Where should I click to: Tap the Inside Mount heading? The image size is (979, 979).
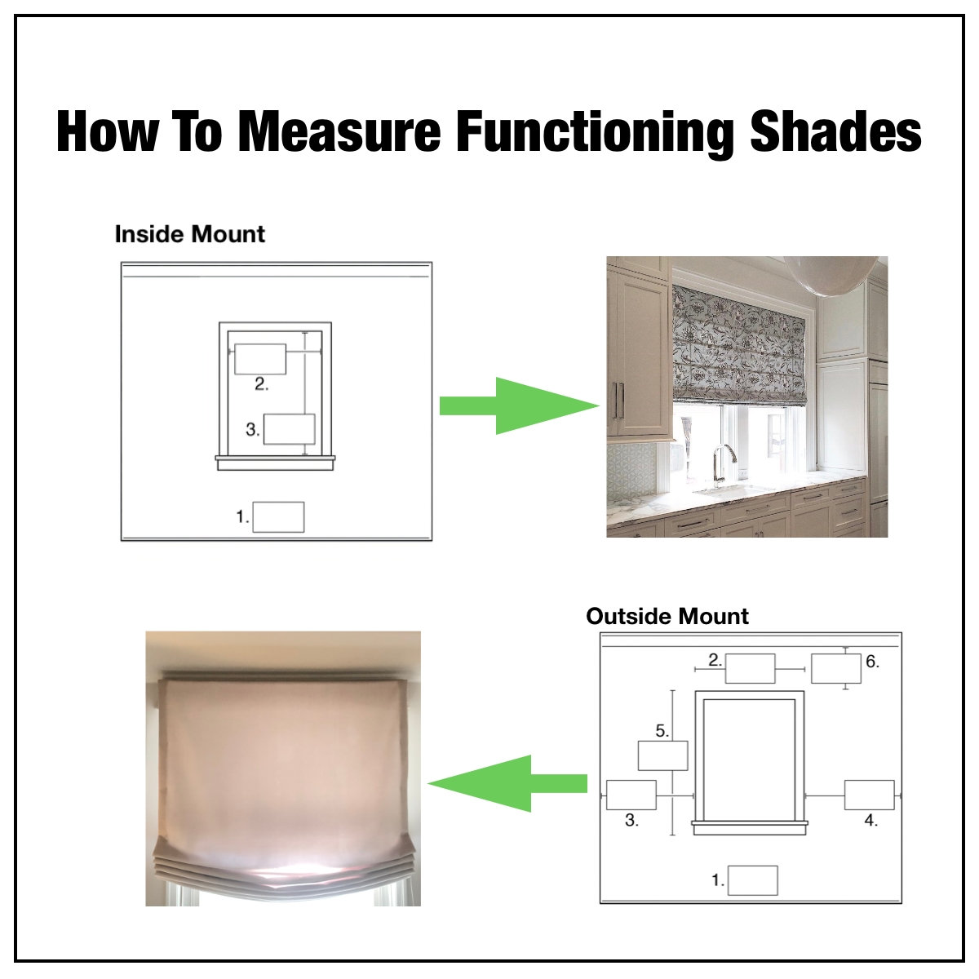tap(189, 234)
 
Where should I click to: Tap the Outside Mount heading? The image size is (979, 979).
tap(667, 616)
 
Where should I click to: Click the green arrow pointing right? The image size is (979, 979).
tap(519, 405)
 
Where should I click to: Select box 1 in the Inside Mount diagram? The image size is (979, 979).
tap(278, 517)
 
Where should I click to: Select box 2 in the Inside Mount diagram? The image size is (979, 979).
tap(260, 359)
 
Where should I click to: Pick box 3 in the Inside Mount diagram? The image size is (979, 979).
tap(289, 429)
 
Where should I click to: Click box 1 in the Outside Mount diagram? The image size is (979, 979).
tap(752, 880)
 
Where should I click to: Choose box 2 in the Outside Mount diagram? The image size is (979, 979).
tap(750, 669)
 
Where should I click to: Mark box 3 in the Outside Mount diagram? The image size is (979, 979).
tap(631, 795)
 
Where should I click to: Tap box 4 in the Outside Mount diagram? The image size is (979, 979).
tap(869, 795)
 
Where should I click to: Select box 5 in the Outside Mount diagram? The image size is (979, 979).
tap(662, 755)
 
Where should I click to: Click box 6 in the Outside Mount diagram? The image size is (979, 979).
tap(835, 669)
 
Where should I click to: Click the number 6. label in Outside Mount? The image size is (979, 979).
tap(872, 662)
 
